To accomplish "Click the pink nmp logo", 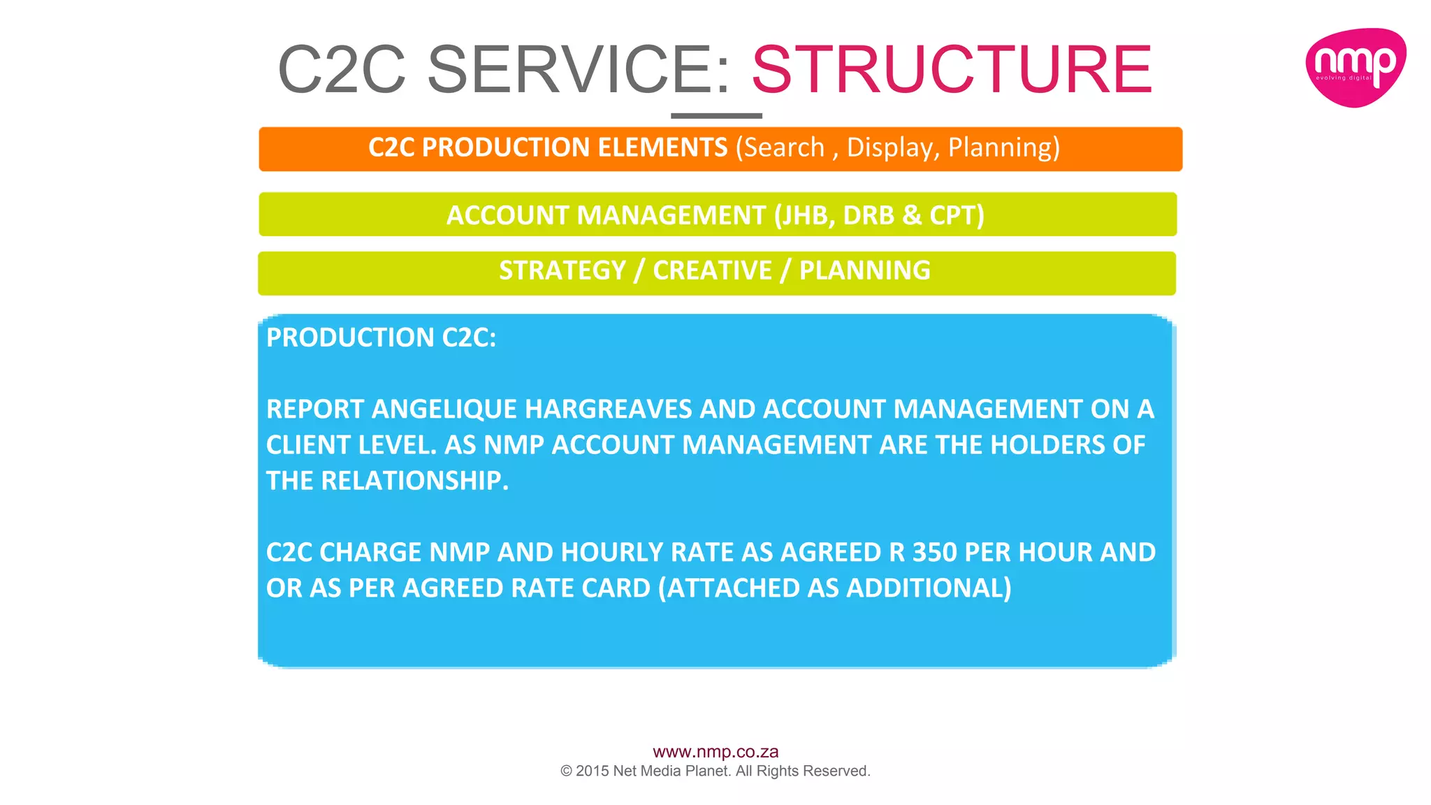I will [x=1355, y=68].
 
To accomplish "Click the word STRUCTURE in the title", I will [x=952, y=70].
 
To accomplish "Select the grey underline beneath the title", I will [x=716, y=116].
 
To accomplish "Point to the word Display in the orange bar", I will [x=892, y=148].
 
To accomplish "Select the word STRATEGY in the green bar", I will [x=562, y=271].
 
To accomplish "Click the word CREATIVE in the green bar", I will [x=712, y=271].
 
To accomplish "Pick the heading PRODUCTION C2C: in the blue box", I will [x=381, y=338].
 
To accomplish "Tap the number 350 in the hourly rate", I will [x=934, y=553].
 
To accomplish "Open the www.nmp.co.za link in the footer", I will [x=715, y=752].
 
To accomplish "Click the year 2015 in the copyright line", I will [x=593, y=771].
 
